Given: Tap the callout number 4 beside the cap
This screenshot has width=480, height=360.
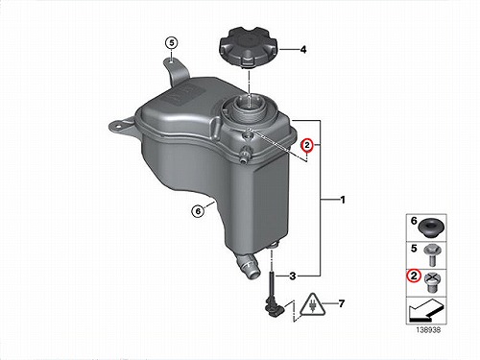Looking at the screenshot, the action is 303,50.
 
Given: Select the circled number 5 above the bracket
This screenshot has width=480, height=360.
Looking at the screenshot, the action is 172,43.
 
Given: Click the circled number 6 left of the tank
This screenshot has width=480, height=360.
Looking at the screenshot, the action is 198,211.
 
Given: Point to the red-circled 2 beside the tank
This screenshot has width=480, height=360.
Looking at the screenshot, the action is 307,146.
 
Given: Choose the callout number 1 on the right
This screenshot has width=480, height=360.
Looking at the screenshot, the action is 343,200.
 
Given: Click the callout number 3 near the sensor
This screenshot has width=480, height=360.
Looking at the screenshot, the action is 293,276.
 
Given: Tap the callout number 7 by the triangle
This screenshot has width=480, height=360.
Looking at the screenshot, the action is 342,303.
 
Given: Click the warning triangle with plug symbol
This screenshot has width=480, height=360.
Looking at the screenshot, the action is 312,305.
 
